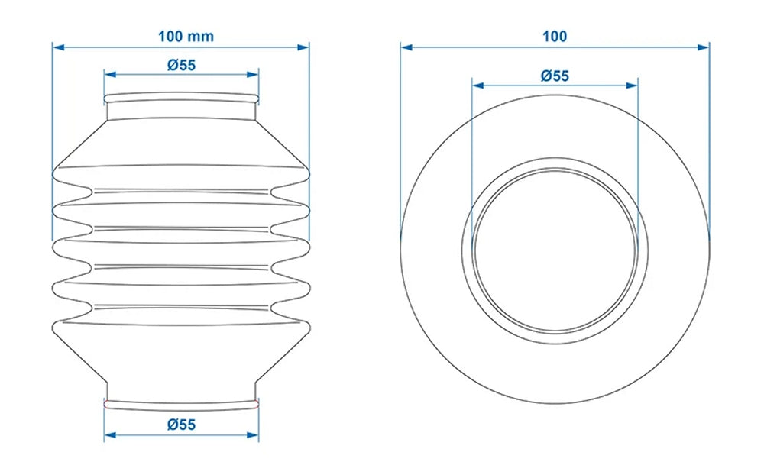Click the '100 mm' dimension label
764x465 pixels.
click(x=186, y=36)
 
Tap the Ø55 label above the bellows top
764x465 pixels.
click(x=182, y=65)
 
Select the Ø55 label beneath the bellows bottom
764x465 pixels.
click(x=182, y=425)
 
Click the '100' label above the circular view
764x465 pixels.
click(x=555, y=36)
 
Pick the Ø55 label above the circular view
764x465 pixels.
click(x=555, y=75)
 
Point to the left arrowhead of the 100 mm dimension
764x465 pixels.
click(x=57, y=47)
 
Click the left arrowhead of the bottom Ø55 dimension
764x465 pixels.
click(x=108, y=435)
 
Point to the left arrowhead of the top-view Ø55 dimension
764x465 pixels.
click(x=477, y=86)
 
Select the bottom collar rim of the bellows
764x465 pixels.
click(x=182, y=401)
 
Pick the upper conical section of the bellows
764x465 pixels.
click(x=182, y=141)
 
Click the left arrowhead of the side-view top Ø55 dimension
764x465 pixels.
click(x=108, y=75)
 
